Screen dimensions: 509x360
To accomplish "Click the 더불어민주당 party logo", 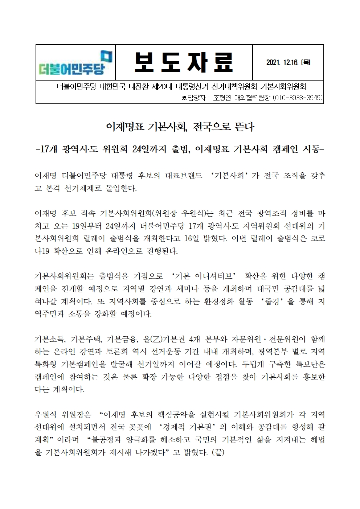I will point(75,62).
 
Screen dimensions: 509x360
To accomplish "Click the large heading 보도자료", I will point(183,63).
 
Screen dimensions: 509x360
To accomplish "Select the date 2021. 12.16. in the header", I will point(282,63).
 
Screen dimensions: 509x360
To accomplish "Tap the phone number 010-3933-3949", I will point(297,98).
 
